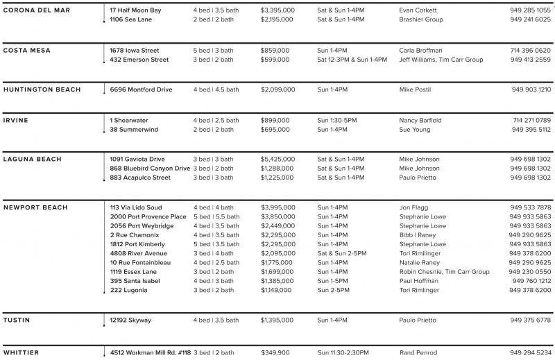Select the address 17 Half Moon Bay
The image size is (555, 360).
point(135,10)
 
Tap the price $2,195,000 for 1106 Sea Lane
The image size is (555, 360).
point(277,19)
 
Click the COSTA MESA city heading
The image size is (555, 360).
point(27,51)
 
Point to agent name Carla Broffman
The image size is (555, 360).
point(421,51)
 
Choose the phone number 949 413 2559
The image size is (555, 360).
point(530,60)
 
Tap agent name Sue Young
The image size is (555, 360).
point(415,129)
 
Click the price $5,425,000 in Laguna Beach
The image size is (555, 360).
point(277,160)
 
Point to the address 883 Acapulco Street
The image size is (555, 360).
point(140,178)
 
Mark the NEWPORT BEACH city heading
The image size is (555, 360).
point(35,207)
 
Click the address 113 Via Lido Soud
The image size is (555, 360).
point(136,207)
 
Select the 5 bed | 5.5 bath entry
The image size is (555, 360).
point(216,216)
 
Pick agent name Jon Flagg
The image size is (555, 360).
point(414,207)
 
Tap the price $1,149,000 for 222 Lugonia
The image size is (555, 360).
point(277,290)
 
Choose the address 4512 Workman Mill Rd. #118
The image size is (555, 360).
point(151,352)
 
